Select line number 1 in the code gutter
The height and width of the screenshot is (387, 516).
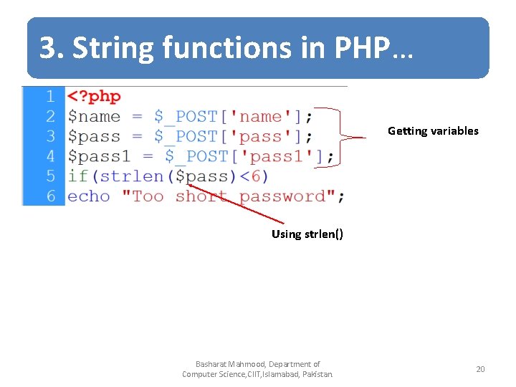tap(50, 96)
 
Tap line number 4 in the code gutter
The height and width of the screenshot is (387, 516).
tap(50, 156)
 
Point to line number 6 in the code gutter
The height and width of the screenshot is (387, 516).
tap(50, 196)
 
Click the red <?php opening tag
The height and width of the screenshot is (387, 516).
tap(94, 96)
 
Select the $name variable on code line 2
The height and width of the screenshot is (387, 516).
tap(94, 116)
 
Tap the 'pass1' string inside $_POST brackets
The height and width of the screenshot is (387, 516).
tap(277, 156)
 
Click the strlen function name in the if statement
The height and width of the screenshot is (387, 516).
tap(132, 176)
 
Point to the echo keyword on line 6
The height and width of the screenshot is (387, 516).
tap(89, 196)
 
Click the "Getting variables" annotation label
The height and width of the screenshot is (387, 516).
tap(433, 131)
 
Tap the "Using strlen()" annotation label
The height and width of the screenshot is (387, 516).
tap(307, 234)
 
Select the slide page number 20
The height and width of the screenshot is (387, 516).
tap(480, 369)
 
